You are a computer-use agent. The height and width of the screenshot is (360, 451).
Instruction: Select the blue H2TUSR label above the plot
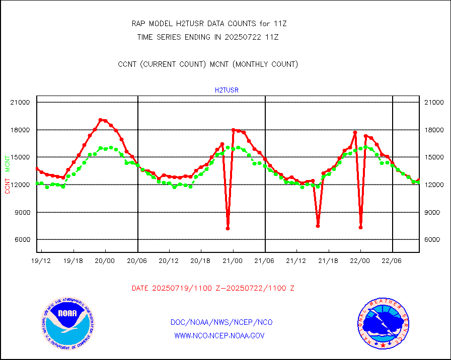tap(227, 91)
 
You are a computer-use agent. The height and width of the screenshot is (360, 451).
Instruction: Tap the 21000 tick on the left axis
tap(21, 103)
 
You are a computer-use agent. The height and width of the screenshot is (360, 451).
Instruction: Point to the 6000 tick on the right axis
tap(433, 240)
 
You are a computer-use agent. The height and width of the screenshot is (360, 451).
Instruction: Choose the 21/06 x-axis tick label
tap(265, 260)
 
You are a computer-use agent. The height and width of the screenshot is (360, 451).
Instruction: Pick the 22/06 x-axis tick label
tap(392, 260)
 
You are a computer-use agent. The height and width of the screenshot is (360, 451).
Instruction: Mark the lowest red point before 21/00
tap(228, 228)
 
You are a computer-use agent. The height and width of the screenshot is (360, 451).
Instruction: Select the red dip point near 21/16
tap(318, 226)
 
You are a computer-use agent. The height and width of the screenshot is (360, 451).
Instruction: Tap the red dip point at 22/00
tap(361, 227)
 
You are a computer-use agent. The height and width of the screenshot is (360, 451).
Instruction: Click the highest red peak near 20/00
tap(100, 120)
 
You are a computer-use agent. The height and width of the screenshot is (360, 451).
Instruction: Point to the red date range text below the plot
tap(213, 289)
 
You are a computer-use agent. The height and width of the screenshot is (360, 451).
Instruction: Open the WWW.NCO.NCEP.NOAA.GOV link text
tap(219, 335)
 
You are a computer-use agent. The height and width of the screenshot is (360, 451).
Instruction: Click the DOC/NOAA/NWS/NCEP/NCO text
tap(222, 322)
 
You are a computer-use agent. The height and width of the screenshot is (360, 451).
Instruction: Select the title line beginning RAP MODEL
tap(209, 24)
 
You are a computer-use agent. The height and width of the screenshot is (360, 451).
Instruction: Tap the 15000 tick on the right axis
tap(433, 157)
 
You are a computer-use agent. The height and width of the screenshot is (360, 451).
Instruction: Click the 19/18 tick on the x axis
tap(74, 260)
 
